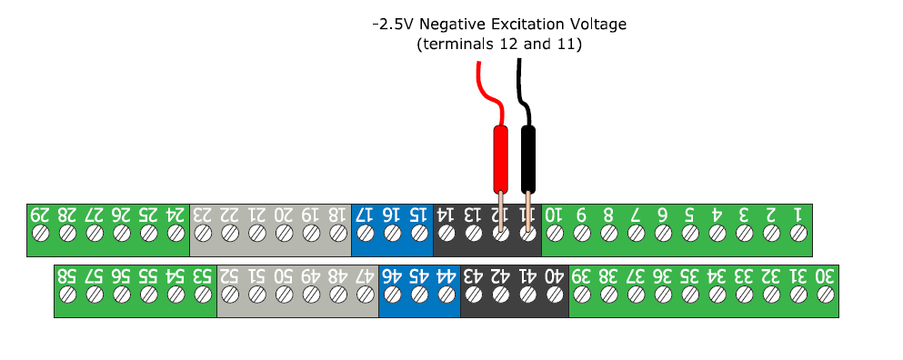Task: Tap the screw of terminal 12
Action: (499, 234)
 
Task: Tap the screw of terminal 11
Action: (527, 234)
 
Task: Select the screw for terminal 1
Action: (798, 234)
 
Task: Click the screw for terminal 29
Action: (40, 234)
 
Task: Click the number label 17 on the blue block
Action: (365, 215)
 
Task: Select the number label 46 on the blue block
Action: (392, 275)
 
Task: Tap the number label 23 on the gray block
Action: (203, 215)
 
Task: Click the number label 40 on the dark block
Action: (555, 275)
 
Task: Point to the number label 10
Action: (554, 215)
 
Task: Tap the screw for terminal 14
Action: (446, 234)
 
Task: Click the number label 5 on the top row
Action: (689, 215)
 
